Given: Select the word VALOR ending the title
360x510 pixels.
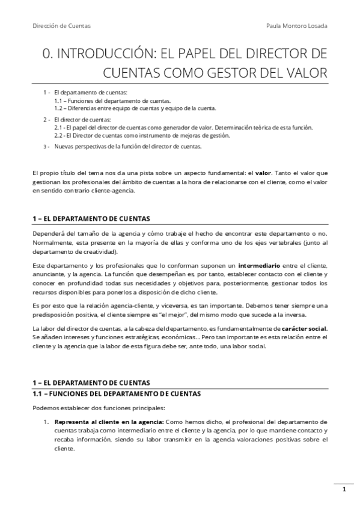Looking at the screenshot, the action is [x=304, y=73].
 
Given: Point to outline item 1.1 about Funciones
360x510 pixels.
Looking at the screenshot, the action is [x=112, y=101].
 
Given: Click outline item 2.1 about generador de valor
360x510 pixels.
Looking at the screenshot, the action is [x=183, y=128].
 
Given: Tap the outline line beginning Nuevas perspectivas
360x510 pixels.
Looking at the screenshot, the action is [x=127, y=146].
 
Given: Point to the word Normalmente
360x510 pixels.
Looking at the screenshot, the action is [x=53, y=242].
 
